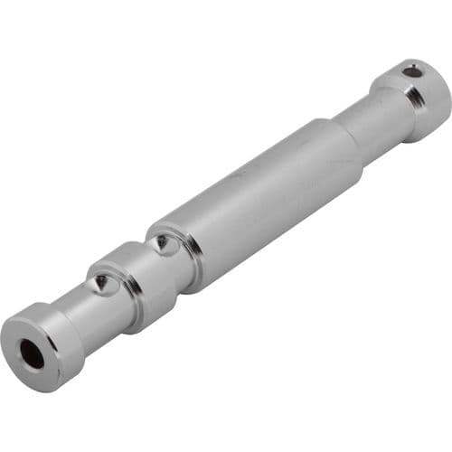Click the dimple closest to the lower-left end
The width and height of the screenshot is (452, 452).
click(x=102, y=285)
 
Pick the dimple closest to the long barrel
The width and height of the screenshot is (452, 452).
click(x=161, y=242)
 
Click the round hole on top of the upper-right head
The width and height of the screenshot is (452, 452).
click(x=411, y=70)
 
